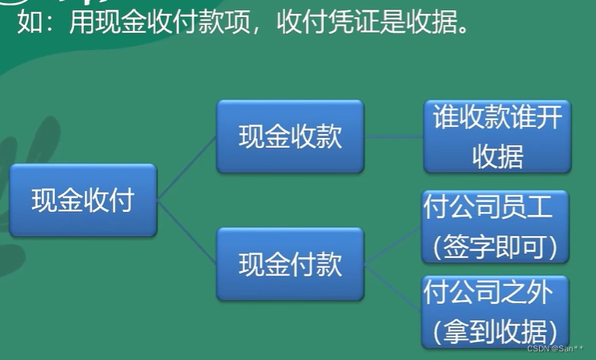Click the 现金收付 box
coord(83,200)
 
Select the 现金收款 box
coord(290,137)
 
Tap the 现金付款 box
coord(290,264)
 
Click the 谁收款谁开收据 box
coord(496,136)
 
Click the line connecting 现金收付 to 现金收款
coord(187,168)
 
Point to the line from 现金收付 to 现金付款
coord(187,232)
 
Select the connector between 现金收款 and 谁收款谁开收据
coord(393,136)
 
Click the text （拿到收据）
coord(495,328)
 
